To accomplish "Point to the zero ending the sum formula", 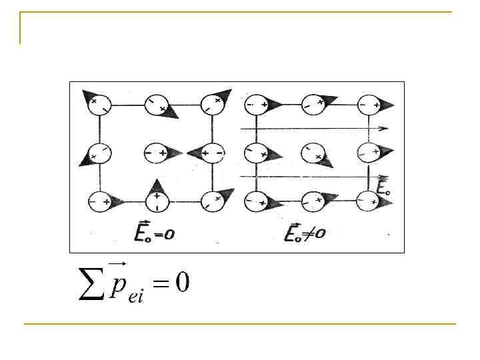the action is [182, 283].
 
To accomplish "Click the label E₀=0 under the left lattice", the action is [155, 233].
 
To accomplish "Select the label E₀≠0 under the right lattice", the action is [305, 233].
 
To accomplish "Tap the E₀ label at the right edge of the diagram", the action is [383, 188].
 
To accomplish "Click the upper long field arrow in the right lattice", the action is [313, 127].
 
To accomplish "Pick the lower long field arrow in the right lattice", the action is [313, 177].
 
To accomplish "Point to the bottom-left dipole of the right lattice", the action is [257, 199].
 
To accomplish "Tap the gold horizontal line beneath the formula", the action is [240, 324].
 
